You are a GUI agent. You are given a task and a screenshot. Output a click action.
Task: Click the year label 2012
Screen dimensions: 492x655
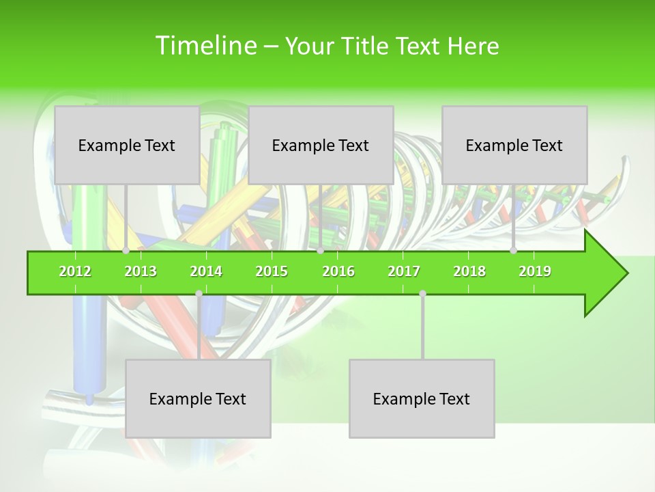click(x=75, y=272)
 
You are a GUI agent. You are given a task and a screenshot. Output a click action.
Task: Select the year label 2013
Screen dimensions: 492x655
click(x=141, y=272)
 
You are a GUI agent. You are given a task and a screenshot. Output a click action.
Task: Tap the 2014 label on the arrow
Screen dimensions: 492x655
click(x=206, y=272)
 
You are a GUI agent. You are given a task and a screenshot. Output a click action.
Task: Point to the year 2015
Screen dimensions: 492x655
click(x=272, y=272)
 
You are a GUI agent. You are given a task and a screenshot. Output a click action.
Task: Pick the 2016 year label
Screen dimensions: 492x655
click(x=338, y=272)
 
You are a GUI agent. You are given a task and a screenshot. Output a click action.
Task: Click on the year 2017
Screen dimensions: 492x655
click(x=404, y=272)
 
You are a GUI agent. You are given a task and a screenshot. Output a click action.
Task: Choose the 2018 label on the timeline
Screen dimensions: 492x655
click(x=469, y=272)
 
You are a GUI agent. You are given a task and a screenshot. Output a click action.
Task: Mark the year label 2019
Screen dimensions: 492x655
click(x=535, y=272)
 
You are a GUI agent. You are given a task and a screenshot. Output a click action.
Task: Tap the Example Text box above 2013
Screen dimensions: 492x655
click(x=127, y=145)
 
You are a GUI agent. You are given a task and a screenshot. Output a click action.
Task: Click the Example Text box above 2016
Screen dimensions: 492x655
click(x=321, y=145)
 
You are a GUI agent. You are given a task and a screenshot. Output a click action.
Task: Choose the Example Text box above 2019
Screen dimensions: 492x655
click(x=514, y=145)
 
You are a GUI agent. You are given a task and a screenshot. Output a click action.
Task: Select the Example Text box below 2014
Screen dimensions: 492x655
click(x=198, y=398)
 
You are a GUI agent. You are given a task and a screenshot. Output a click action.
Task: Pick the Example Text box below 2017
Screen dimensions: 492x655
click(x=422, y=398)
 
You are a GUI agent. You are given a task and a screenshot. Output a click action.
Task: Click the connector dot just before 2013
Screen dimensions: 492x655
click(x=126, y=251)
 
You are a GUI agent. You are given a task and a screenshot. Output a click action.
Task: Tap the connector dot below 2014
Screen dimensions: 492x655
click(x=199, y=294)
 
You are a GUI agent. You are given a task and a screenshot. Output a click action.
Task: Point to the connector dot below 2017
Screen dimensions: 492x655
click(x=422, y=294)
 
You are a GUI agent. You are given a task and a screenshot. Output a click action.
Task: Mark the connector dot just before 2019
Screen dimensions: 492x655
click(x=514, y=251)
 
